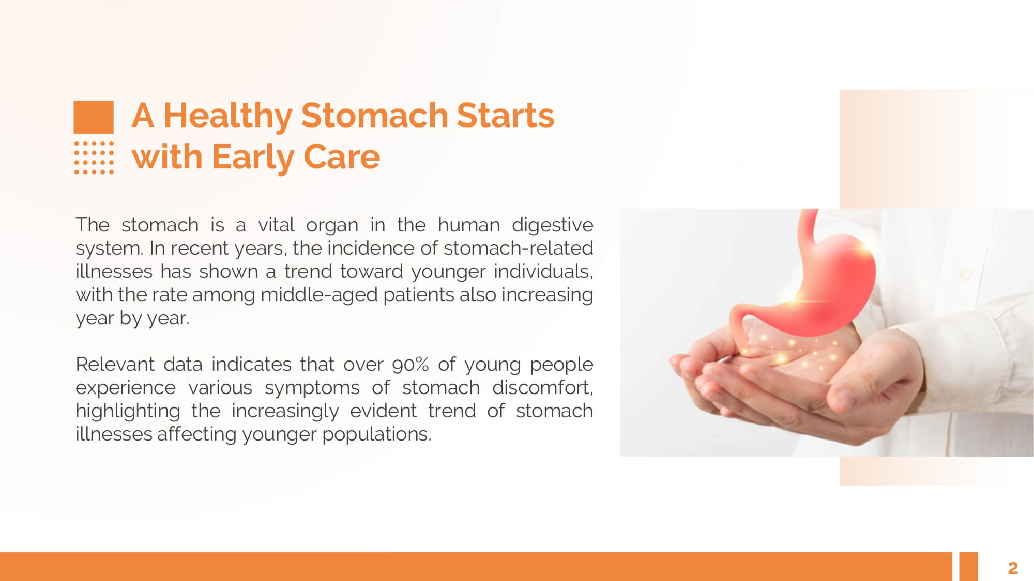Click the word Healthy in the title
click(x=228, y=116)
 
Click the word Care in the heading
click(x=342, y=156)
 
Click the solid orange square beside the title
click(x=94, y=117)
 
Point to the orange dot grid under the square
click(x=94, y=158)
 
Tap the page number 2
click(x=1013, y=568)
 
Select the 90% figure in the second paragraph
click(x=410, y=365)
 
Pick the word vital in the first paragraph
click(x=276, y=225)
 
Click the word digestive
click(x=552, y=226)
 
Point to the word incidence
click(x=370, y=248)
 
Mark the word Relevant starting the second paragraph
click(x=115, y=365)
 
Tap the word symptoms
click(x=312, y=388)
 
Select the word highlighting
click(x=128, y=412)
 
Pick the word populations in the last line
click(x=376, y=435)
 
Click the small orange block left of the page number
click(x=968, y=566)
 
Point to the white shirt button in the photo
click(x=965, y=274)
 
